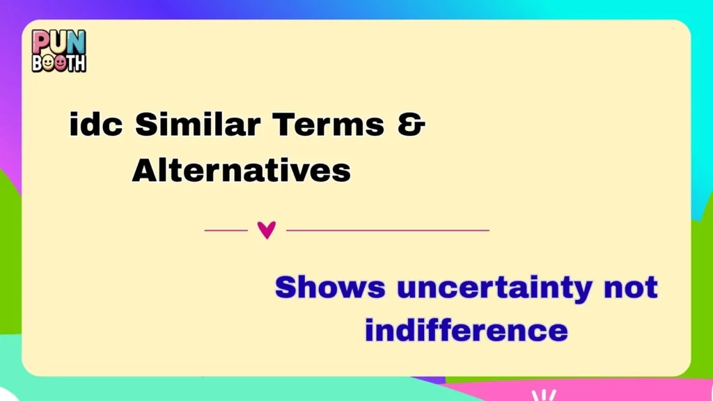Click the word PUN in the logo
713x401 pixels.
[58, 42]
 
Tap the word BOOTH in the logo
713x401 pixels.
[58, 63]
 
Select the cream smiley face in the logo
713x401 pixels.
[47, 63]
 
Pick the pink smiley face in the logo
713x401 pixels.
[59, 63]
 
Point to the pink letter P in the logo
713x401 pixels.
[41, 42]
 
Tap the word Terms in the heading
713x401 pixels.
[328, 125]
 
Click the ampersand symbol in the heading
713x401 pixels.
[412, 125]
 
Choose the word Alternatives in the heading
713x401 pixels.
[241, 170]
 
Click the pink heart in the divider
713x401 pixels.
[267, 230]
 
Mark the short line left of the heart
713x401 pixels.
[226, 230]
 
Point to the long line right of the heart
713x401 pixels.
[388, 230]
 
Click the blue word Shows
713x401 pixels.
[329, 287]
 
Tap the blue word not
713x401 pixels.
[631, 287]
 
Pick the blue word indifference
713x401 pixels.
[466, 329]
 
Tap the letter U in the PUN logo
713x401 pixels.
[58, 42]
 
